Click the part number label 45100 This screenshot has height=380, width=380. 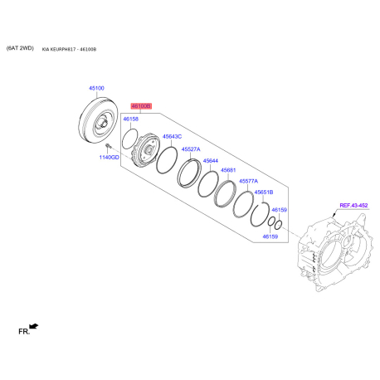pos(96,88)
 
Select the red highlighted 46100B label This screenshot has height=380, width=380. pos(141,106)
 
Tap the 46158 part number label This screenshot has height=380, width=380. pos(131,119)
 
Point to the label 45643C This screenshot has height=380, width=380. pos(172,136)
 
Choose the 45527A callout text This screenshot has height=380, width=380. pos(191,149)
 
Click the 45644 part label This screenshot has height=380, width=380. pos(211,161)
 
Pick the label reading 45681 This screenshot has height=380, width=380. pos(228,170)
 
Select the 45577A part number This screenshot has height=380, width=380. pos(248,181)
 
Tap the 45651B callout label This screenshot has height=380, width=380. pos(264,192)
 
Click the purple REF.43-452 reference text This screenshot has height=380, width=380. pos(353,205)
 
